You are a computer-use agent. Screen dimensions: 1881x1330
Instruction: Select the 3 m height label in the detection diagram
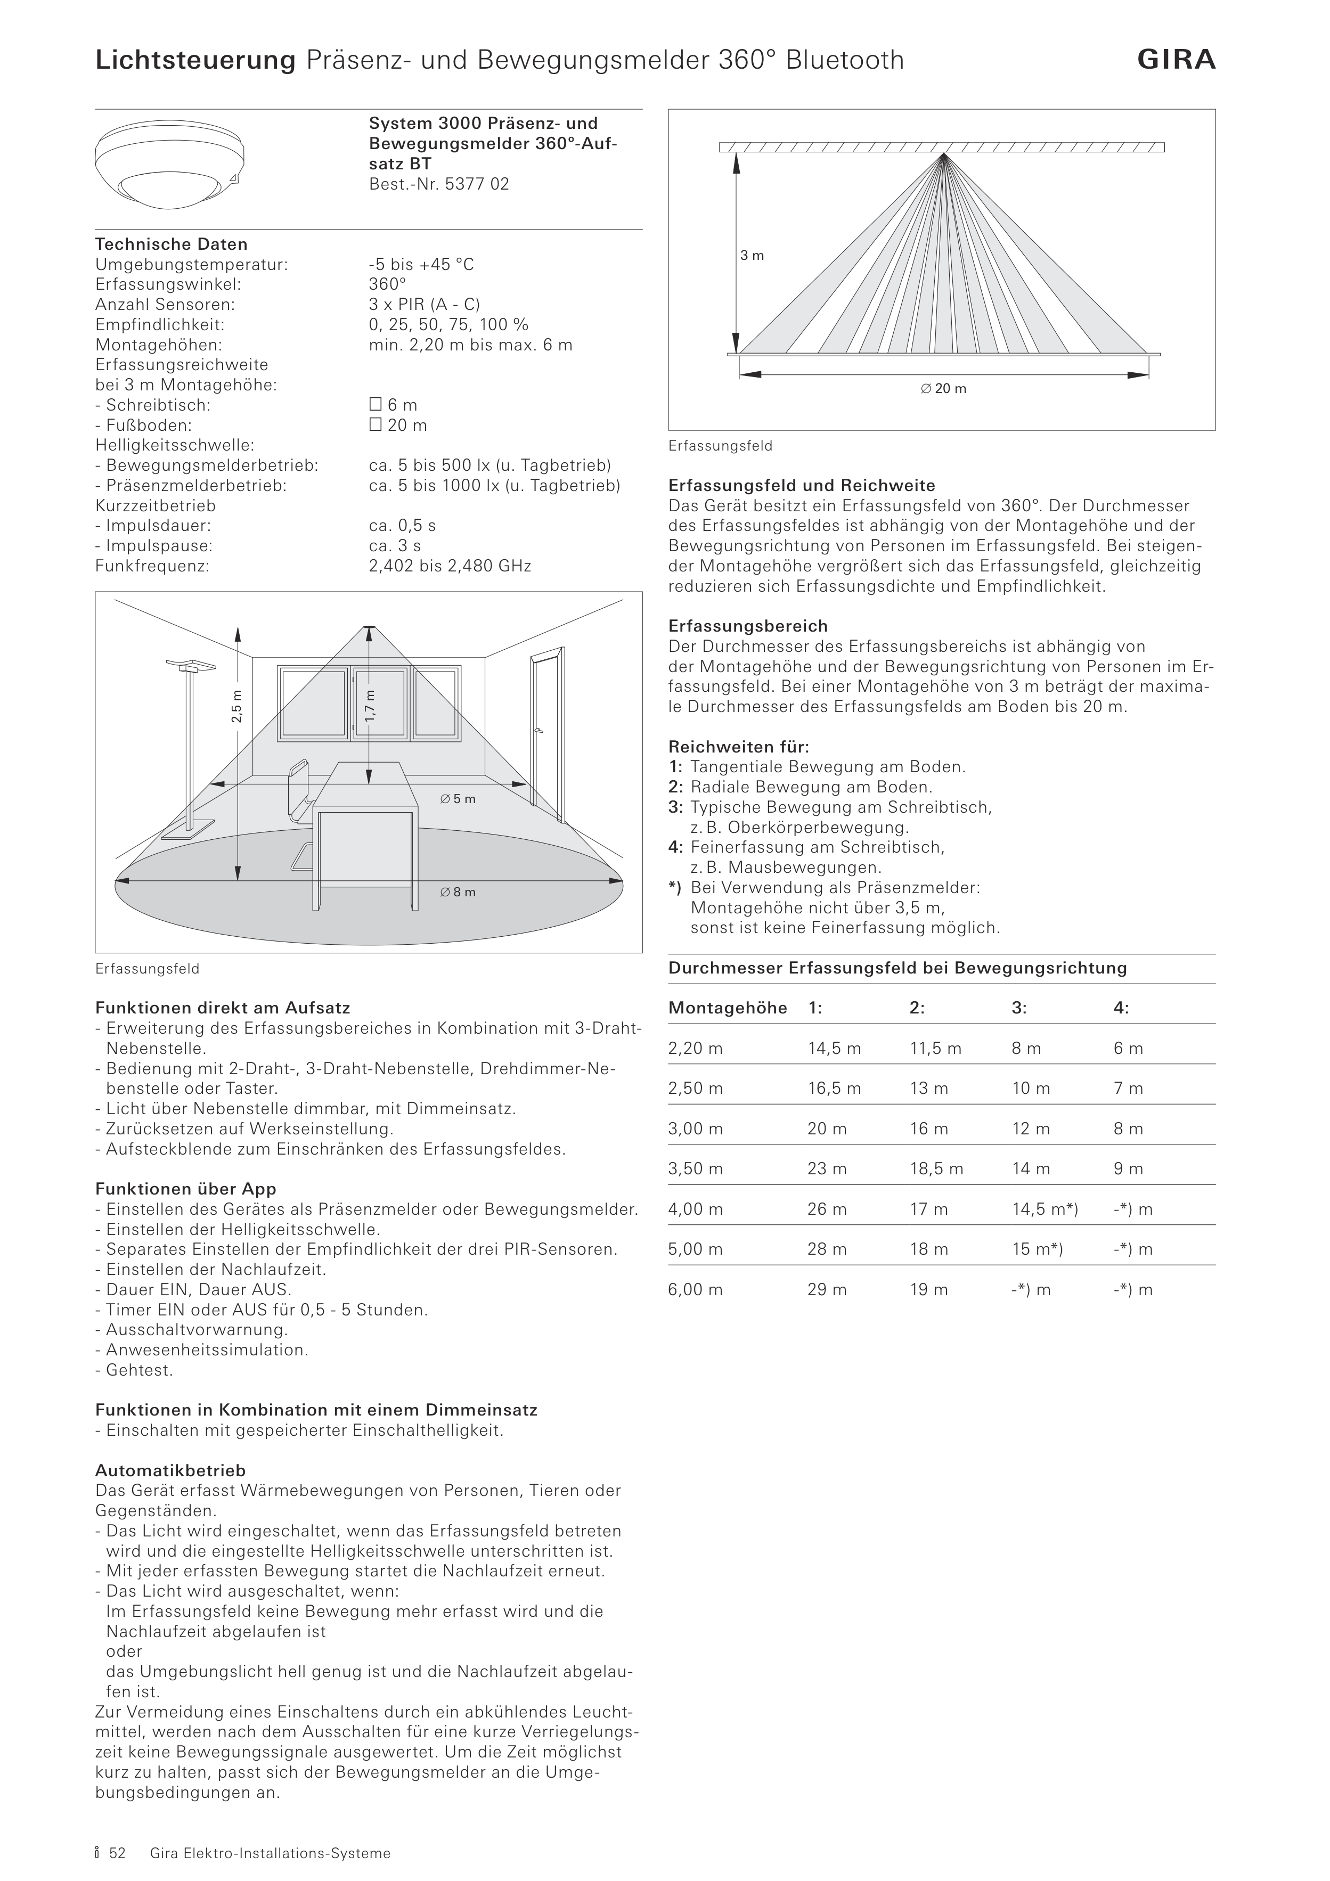click(752, 256)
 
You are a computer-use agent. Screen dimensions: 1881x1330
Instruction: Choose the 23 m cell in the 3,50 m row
click(827, 1169)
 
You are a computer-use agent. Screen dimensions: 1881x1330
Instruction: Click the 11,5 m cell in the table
click(935, 1049)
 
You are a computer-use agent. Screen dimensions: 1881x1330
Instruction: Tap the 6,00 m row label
click(695, 1289)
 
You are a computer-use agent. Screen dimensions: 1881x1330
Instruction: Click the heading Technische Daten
click(172, 244)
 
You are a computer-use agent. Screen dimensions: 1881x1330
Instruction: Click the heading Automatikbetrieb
click(170, 1470)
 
